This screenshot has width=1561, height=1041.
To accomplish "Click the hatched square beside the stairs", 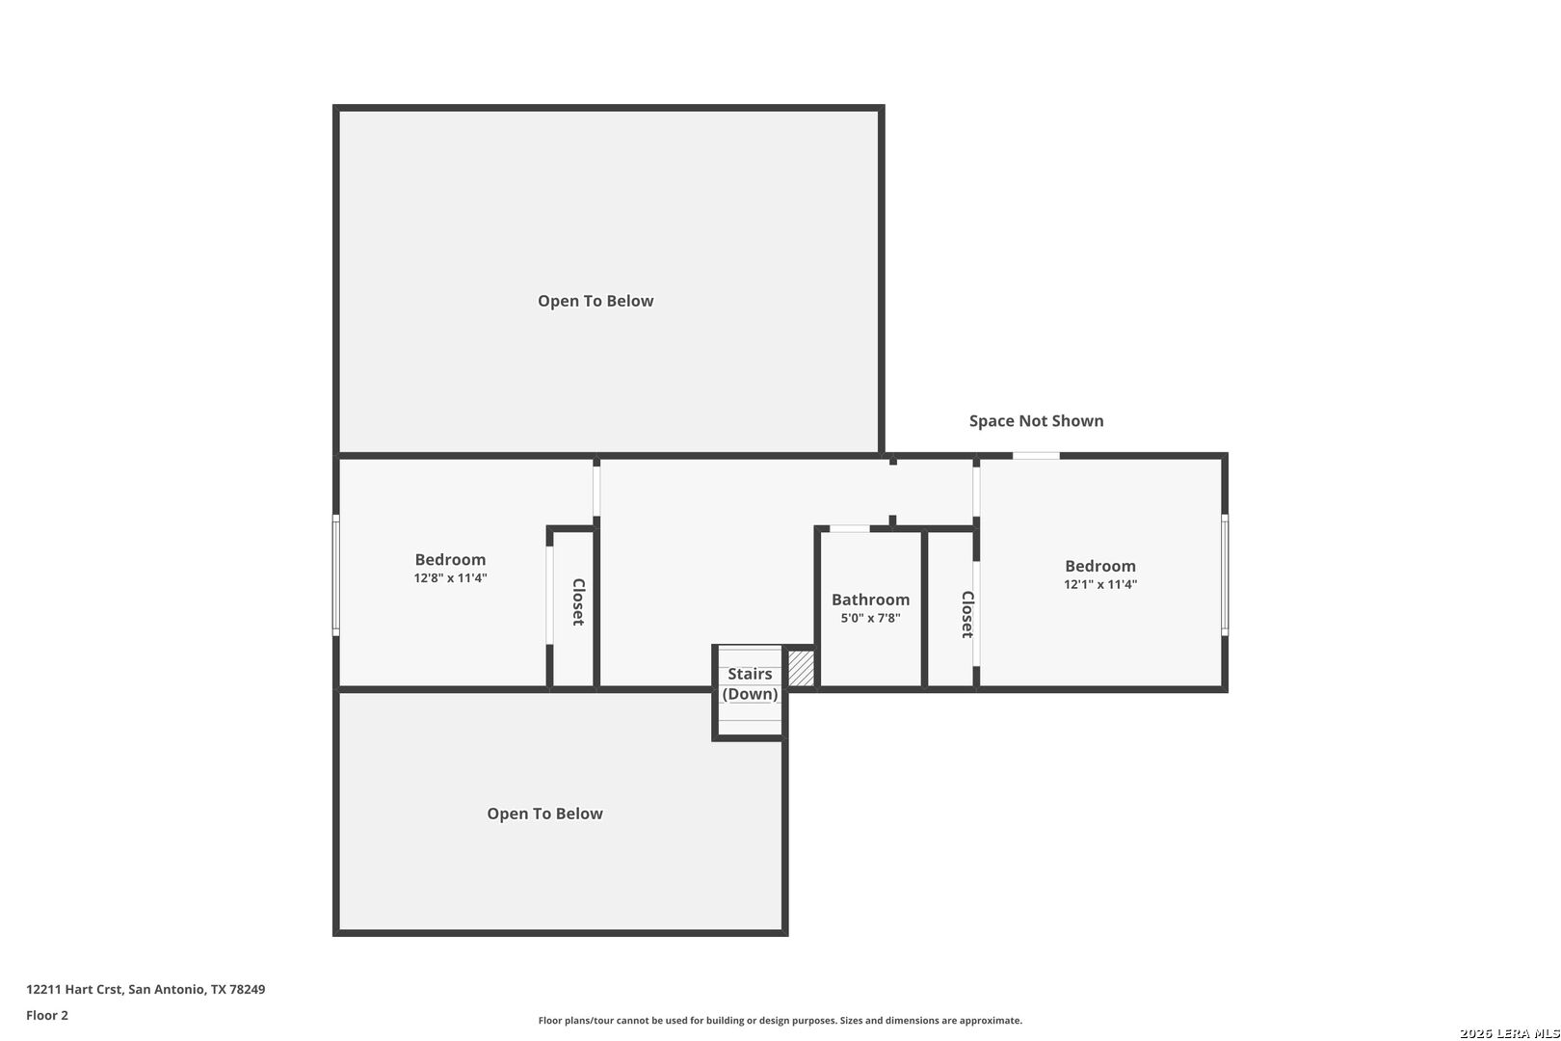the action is [801, 667].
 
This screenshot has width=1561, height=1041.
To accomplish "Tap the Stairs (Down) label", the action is [750, 683].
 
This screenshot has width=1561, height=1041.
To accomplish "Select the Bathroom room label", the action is [870, 599].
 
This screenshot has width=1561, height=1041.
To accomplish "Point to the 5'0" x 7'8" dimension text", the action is [870, 618].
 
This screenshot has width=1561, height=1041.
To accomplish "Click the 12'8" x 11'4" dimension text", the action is [450, 577].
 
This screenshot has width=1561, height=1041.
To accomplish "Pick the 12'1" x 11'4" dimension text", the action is [1100, 584].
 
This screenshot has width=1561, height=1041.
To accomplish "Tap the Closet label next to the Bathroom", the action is [967, 614].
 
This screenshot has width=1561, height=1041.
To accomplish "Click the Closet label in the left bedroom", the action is [578, 601].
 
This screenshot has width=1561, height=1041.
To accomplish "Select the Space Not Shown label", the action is [1036, 420].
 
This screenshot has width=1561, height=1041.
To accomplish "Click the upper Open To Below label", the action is [595, 301].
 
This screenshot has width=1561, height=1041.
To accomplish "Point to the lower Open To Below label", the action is [545, 813].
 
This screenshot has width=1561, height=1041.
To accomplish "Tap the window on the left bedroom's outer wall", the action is [336, 575].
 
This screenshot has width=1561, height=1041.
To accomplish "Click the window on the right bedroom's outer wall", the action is [1225, 575].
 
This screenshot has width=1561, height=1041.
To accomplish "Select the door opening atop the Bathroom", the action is [850, 528].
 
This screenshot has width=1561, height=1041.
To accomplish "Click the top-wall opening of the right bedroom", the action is [1036, 456].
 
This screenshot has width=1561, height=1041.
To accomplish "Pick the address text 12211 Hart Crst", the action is [75, 989].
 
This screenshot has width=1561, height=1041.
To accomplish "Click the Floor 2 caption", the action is [47, 1015].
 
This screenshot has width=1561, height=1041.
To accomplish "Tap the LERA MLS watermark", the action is [1509, 1033].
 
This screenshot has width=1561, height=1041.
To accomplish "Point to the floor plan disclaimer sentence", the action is [780, 1020].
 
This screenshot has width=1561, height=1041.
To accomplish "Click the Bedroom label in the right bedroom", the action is [1100, 566].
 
